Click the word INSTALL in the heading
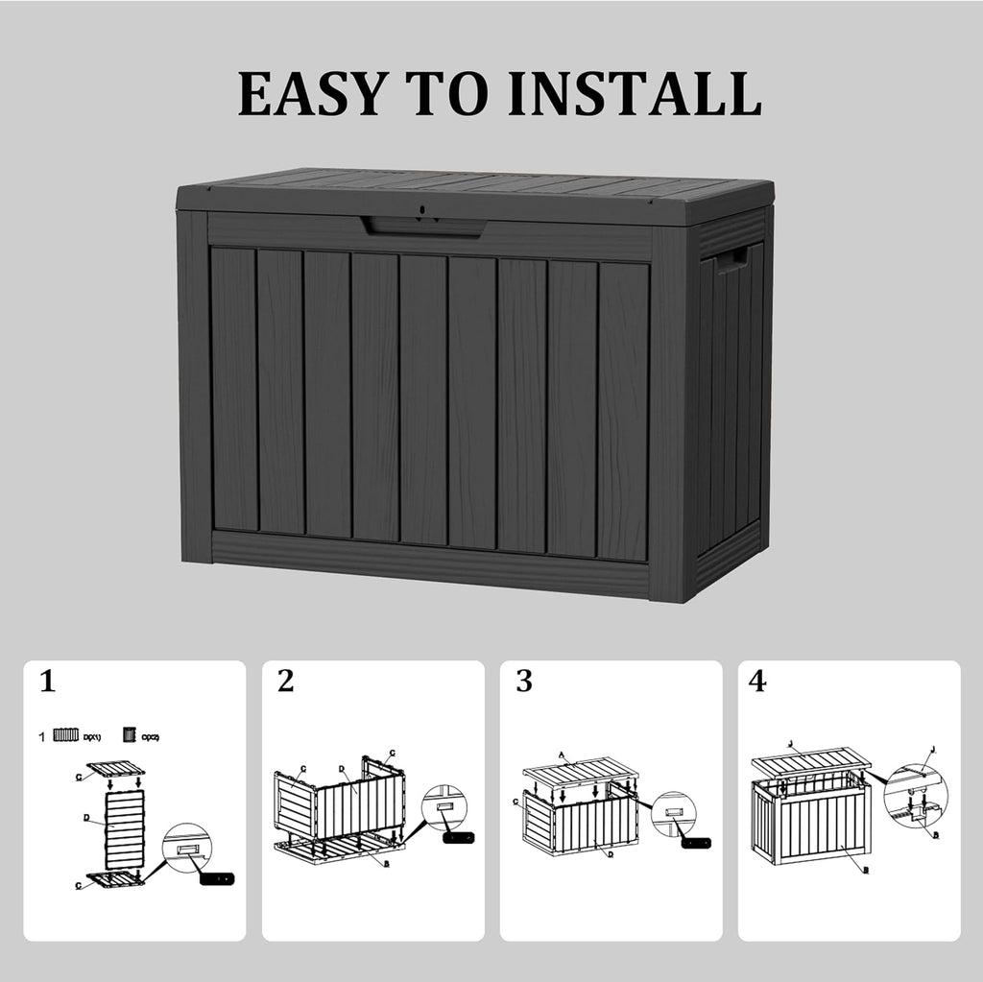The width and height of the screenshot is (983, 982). pos(635,94)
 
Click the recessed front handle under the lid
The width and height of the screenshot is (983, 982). pos(422,227)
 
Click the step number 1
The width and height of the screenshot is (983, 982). pos(47,683)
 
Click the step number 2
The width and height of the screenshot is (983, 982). pos(285,683)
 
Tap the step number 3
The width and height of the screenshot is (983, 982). pos(523,683)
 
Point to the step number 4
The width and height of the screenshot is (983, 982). pos(757,683)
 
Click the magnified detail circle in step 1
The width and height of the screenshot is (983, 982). pos(186,847)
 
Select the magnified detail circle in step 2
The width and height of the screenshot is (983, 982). pos(444,808)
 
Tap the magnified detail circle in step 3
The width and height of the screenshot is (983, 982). pos(673,814)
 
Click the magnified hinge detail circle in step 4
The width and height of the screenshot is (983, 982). pos(915,796)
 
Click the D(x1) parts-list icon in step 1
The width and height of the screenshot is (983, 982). pos(65,735)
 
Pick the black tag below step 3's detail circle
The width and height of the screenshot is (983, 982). pos(696,843)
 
